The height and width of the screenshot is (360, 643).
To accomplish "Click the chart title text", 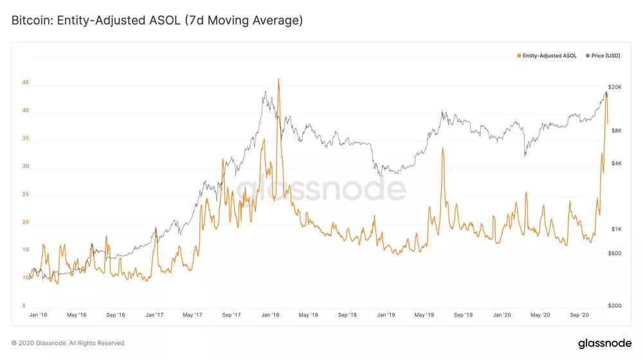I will coord(157,21).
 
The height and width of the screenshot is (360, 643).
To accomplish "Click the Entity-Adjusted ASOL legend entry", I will coord(549,56).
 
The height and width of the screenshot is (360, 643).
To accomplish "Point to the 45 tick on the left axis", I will coord(25,82).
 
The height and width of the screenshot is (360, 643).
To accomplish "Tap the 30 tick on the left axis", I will coord(25,166).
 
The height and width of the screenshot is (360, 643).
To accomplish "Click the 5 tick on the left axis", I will coord(24,306).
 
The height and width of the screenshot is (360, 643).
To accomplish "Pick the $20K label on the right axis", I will coord(615,87).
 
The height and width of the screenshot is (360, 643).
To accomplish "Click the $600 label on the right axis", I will coord(615,253).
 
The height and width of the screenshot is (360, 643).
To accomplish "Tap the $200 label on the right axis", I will coord(615,306).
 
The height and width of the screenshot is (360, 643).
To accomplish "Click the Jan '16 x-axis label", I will coord(38,315).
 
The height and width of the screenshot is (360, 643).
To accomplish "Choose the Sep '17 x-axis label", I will coord(231,315).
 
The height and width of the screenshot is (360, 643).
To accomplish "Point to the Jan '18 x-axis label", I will coord(271,315).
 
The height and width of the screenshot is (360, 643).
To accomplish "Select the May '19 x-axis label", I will coord(424,315).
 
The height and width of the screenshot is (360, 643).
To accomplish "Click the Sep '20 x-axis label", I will coord(580,315).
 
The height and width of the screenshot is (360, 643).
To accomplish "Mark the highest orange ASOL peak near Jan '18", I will coord(278,79).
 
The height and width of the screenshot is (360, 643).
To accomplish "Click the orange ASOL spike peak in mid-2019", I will coord(442,148).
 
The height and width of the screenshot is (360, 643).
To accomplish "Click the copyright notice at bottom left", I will coord(69,343).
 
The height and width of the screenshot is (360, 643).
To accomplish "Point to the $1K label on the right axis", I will coord(615,230).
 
